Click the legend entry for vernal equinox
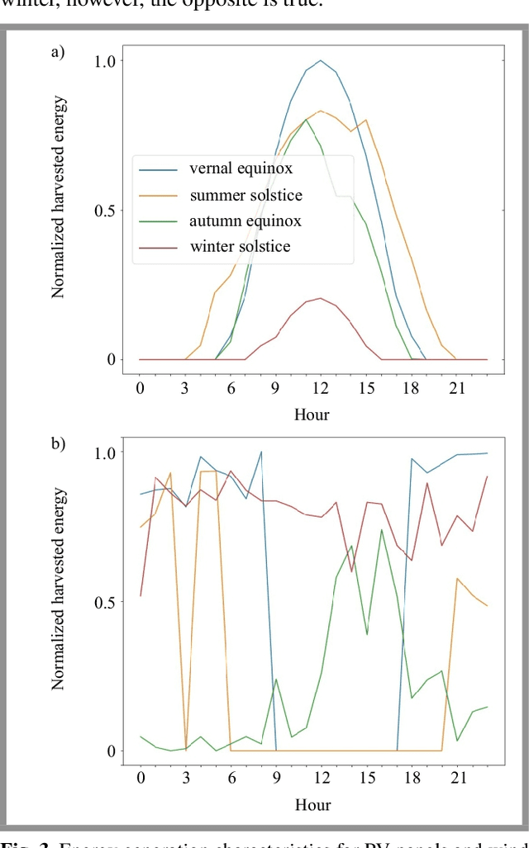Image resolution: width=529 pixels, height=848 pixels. tap(241, 169)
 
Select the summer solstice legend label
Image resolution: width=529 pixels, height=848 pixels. tap(245, 196)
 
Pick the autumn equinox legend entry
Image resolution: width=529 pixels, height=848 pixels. tap(245, 221)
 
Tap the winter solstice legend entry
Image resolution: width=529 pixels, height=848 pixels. tap(240, 247)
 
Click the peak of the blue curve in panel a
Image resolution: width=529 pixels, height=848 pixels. tap(321, 60)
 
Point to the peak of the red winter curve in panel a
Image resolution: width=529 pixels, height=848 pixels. tap(321, 298)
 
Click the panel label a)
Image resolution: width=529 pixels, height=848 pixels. tap(58, 53)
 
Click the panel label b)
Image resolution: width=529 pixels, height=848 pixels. tap(58, 443)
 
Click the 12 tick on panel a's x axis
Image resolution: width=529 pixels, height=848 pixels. tap(321, 387)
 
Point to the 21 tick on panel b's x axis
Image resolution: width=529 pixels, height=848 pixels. tap(457, 778)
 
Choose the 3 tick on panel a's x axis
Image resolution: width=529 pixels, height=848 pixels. tap(185, 387)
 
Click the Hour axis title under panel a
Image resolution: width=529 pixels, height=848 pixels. tap(312, 415)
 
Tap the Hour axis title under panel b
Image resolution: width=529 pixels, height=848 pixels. tap(312, 805)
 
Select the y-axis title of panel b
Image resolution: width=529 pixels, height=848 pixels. tap(59, 589)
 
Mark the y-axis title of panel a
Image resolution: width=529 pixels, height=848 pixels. tap(59, 197)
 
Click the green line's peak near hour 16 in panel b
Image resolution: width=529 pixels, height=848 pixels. tap(381, 529)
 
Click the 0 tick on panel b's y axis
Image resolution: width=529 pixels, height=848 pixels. tap(111, 751)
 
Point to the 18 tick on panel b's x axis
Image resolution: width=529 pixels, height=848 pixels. tap(412, 778)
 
